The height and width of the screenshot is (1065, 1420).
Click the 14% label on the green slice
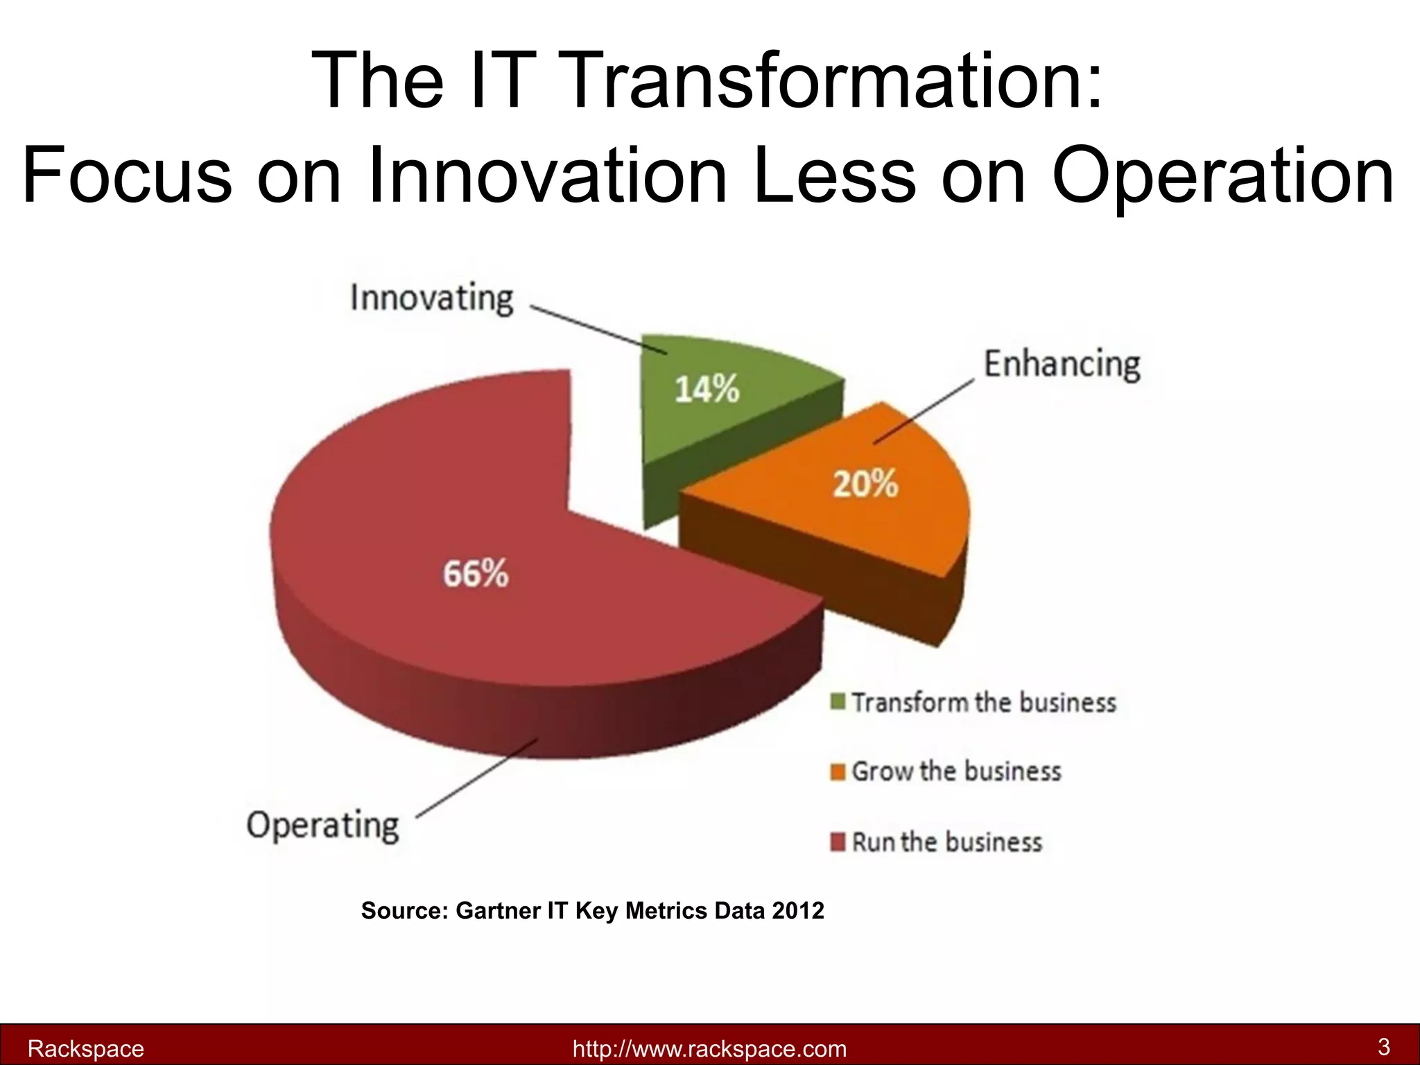pos(707,389)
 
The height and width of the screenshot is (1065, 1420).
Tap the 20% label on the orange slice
pos(865,483)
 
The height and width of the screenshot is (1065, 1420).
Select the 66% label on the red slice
pos(476,574)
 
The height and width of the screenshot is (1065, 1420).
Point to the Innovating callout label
pos(432,298)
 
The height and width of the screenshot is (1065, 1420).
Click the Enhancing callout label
pos(1062,364)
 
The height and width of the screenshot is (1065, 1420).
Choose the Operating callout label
pos(323,825)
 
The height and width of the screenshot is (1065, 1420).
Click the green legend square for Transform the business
pos(838,702)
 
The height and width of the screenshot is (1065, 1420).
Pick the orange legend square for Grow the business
pos(838,772)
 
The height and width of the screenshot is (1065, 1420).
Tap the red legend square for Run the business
pos(838,842)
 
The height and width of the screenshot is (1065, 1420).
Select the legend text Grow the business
pos(956,772)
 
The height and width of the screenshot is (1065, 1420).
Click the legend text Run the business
pos(946,842)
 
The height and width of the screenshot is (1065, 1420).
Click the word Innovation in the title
pos(548,175)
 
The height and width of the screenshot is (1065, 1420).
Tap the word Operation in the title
pos(1222,175)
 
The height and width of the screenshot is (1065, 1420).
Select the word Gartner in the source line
pos(499,910)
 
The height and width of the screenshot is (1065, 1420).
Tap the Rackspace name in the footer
pos(85,1048)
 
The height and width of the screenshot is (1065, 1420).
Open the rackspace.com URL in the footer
pos(709,1048)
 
